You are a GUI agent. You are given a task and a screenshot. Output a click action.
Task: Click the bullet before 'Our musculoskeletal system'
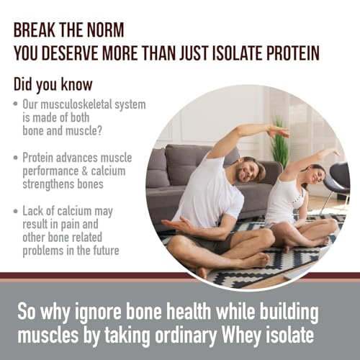[16, 105]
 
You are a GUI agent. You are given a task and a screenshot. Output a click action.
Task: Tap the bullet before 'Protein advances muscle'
[16, 156]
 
